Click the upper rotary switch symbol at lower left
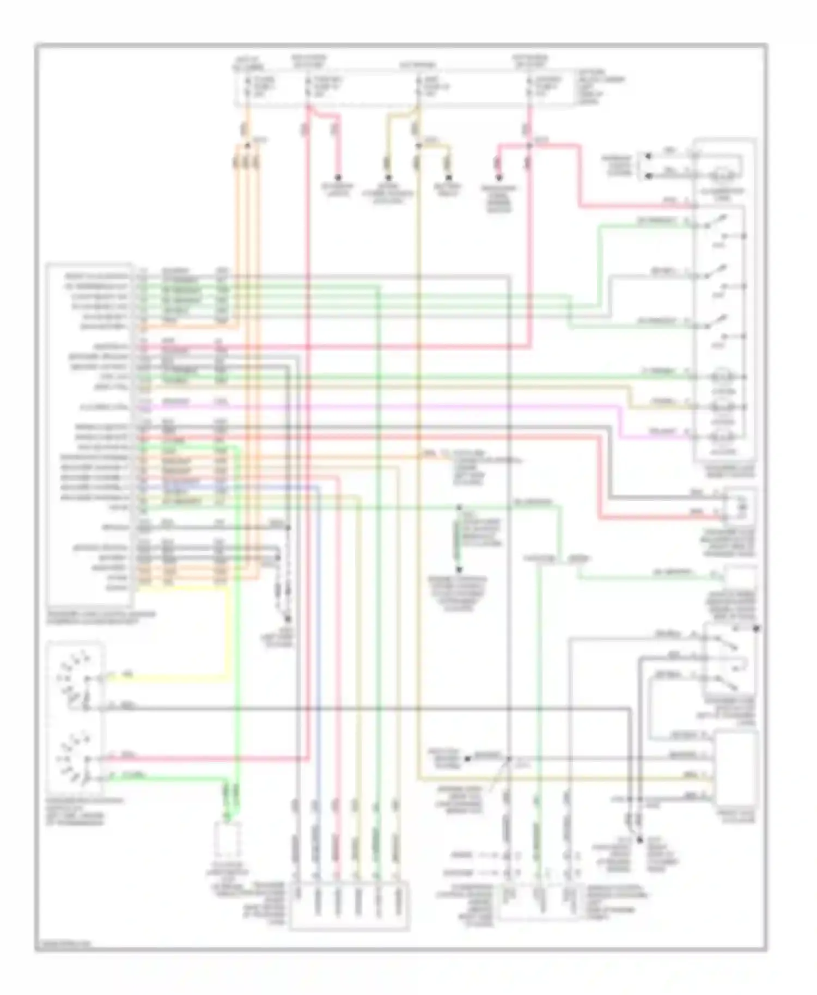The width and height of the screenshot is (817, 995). pyautogui.click(x=74, y=678)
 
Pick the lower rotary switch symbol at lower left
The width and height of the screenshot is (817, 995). pyautogui.click(x=74, y=759)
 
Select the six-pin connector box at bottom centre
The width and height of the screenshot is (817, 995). pyautogui.click(x=349, y=906)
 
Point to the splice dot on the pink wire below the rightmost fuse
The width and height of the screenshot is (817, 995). pyautogui.click(x=529, y=145)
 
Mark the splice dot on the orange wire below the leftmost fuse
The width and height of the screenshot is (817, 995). pyautogui.click(x=247, y=144)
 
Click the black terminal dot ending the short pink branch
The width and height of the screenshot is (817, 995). pyautogui.click(x=338, y=177)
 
